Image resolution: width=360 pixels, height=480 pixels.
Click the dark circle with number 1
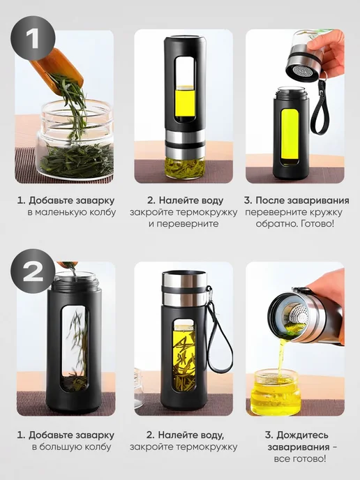point(33,38)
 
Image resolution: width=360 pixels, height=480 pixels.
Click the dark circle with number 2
point(33,271)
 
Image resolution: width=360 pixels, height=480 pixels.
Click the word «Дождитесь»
point(303,435)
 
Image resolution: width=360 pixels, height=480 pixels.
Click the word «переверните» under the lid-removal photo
point(277,212)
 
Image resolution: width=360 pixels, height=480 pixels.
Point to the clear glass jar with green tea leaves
point(75,140)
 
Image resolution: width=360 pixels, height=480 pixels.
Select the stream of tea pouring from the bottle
point(281,357)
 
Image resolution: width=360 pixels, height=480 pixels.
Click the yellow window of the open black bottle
point(290,135)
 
